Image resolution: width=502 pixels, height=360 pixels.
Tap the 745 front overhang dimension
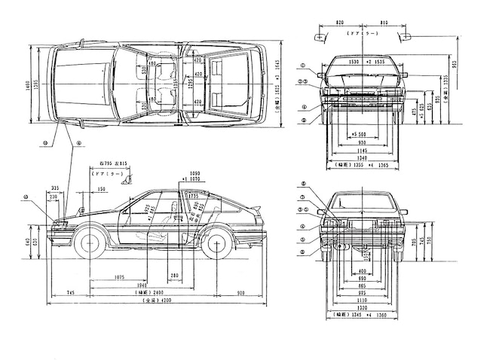[x=69, y=291]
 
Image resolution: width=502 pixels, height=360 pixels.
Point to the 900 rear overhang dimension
[x=240, y=291]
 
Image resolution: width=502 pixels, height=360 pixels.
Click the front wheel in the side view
[x=91, y=243]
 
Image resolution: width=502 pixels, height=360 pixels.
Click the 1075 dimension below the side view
[x=120, y=276]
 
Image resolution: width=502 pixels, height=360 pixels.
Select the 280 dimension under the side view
[x=175, y=276]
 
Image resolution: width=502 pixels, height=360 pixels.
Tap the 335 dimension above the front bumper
[x=56, y=189]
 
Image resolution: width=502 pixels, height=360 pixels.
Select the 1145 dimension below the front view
[x=362, y=150]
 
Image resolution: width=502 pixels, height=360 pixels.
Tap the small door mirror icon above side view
[x=130, y=178]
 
